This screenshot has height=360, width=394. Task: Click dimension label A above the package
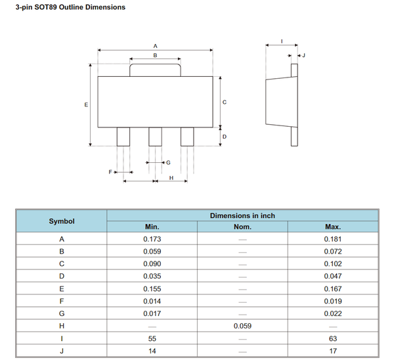point(155,46)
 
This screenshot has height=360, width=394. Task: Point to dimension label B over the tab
point(155,56)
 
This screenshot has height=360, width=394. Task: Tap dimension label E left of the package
point(85,104)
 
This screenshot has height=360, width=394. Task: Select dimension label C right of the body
point(225,102)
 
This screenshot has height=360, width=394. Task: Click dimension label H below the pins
point(171,177)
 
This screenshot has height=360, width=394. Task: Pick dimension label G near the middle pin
point(168,162)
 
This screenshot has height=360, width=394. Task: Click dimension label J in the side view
point(303,55)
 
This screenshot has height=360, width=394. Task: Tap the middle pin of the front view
point(155,137)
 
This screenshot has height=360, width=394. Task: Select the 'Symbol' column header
point(62,221)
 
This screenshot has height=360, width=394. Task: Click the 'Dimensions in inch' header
point(242,215)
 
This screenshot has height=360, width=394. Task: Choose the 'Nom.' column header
point(242,227)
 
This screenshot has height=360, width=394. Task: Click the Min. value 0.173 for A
point(152,239)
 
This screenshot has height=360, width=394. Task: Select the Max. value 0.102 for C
point(332,263)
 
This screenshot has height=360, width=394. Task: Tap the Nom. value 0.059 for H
point(242,325)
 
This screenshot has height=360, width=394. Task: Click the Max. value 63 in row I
point(332,338)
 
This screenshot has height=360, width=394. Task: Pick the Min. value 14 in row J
point(152,350)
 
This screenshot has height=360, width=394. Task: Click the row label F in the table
point(62,301)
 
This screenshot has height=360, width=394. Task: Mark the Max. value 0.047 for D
point(332,276)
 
